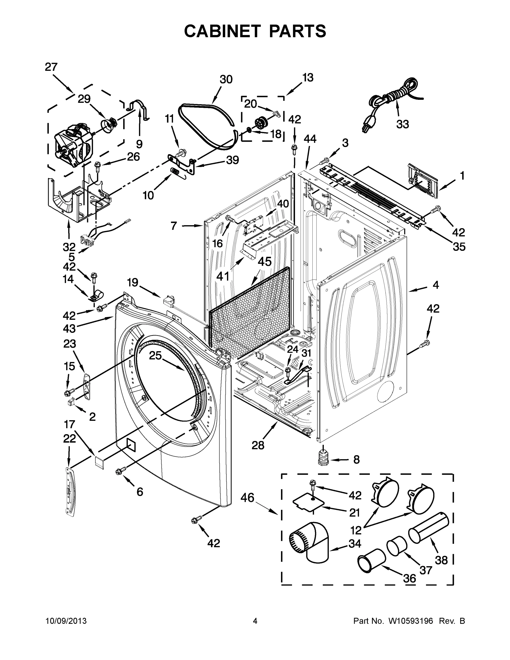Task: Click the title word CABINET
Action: pos(222,31)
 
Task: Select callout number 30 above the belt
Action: pos(226,79)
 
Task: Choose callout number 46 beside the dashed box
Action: pos(247,498)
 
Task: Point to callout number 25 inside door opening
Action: pos(156,356)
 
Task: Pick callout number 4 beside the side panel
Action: pos(435,285)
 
